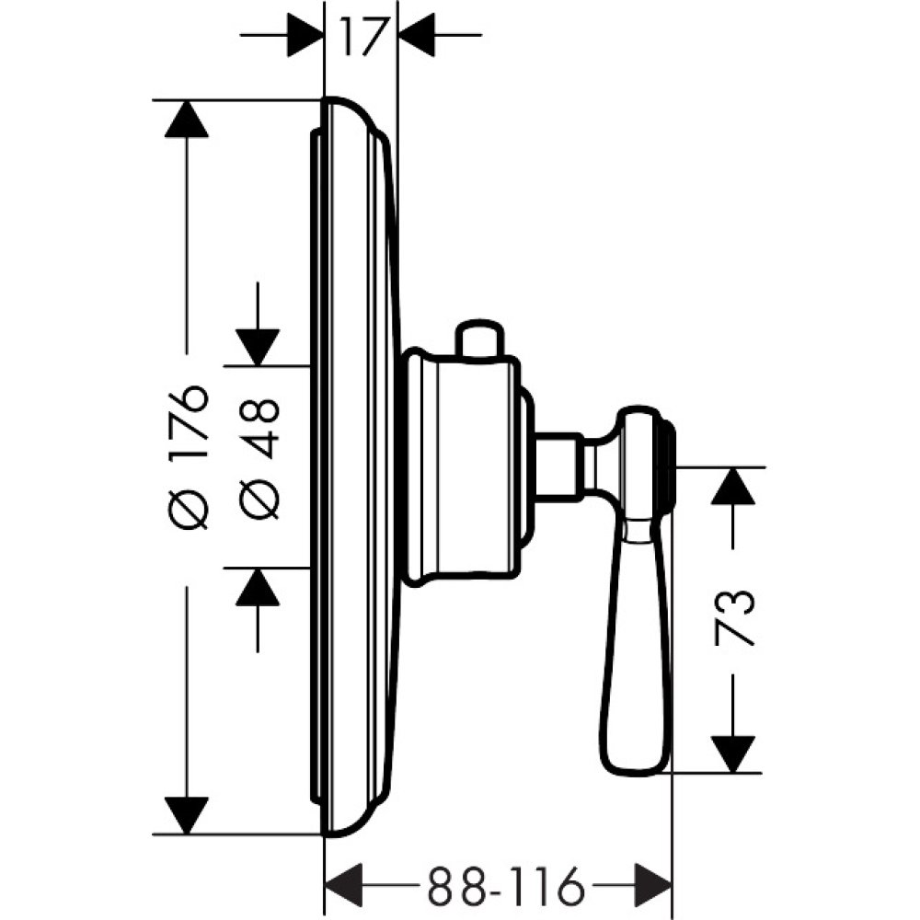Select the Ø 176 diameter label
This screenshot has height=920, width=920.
[x=188, y=457]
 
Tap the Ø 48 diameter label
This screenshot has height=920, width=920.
[x=259, y=459]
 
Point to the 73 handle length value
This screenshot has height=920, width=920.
[x=733, y=618]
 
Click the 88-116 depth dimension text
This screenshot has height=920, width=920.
[x=506, y=885]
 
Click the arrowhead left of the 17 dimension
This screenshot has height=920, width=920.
[x=305, y=35]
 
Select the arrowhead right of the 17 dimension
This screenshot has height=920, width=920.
[x=416, y=35]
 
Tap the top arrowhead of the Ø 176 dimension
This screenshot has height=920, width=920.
[x=187, y=119]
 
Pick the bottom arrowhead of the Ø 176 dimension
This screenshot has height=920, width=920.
[x=187, y=815]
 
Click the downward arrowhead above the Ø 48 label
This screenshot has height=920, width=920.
[x=258, y=348]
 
